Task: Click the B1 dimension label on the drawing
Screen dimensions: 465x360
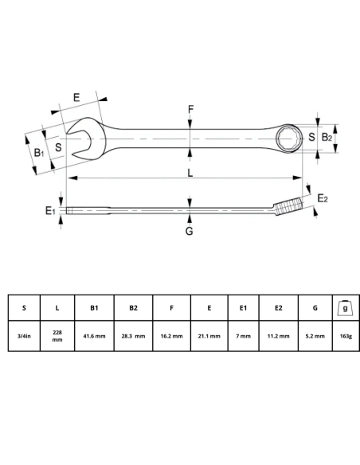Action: (38, 151)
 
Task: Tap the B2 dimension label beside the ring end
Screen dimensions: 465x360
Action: (326, 138)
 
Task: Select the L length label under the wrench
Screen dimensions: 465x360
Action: (190, 173)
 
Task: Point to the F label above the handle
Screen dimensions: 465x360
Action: (190, 108)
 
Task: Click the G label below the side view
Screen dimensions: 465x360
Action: (189, 232)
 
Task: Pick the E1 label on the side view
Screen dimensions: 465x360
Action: (49, 210)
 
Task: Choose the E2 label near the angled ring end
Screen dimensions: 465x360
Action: (323, 197)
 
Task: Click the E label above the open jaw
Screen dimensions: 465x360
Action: (76, 97)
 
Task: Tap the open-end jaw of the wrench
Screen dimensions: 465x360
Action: (80, 140)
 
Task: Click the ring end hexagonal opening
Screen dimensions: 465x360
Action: (288, 139)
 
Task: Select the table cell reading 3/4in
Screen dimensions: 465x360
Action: (24, 336)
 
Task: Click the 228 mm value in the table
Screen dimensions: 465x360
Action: (57, 336)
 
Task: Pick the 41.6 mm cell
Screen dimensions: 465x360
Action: (95, 336)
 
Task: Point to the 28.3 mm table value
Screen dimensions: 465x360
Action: (133, 336)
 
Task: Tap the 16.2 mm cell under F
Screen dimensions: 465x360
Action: (171, 336)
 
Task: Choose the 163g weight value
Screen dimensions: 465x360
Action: (344, 336)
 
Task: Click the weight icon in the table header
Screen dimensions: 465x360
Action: (344, 307)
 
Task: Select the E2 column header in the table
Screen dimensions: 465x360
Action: (279, 307)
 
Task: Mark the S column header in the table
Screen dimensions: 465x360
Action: (24, 307)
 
